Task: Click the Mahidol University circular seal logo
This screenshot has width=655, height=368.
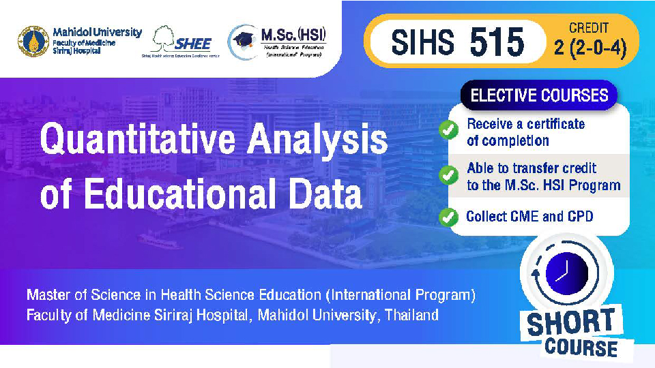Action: click(33, 42)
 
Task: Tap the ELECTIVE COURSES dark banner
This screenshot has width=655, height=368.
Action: click(539, 95)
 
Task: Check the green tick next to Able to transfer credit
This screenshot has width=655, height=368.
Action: click(448, 175)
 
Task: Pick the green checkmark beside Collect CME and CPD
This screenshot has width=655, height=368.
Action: click(448, 217)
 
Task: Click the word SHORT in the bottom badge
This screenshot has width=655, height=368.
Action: click(570, 322)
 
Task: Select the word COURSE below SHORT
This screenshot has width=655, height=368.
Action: click(581, 348)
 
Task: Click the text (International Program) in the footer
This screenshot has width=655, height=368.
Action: click(400, 295)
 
